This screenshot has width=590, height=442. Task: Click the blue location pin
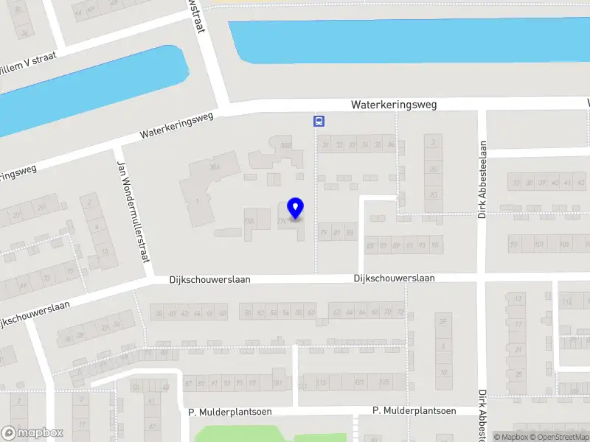point(295,208)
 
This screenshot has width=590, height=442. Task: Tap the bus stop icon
point(319,122)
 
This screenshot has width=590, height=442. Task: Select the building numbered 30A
point(215,168)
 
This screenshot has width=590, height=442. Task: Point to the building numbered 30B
point(286,145)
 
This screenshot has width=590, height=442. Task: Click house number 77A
point(249,220)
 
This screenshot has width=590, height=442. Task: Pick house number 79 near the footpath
point(323,232)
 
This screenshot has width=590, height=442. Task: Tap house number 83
point(350,232)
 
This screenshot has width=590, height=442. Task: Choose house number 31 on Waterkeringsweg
point(324,144)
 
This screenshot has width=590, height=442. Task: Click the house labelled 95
point(435,245)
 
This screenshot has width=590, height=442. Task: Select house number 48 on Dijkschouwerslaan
point(223,314)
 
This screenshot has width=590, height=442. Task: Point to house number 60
point(311,314)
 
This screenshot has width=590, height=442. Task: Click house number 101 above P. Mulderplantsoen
point(277,383)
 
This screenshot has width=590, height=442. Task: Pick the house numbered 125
point(384,383)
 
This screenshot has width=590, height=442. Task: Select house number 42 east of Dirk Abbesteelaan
point(567,183)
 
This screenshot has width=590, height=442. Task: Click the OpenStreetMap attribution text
point(561,437)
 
